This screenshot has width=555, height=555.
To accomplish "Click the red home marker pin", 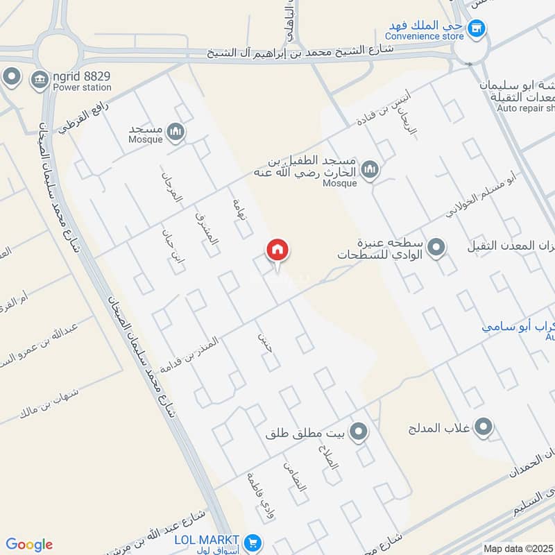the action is point(277,250).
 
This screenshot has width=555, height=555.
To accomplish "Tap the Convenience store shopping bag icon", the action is point(476,28).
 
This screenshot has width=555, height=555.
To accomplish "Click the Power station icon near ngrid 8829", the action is point(39,81).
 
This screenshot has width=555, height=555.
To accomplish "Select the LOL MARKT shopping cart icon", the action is point(253,541).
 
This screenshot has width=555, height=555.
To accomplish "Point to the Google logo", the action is point(29,545).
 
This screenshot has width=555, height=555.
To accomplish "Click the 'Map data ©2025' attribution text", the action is point(518,548).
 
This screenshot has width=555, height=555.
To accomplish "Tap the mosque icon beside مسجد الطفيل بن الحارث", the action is point(370,169).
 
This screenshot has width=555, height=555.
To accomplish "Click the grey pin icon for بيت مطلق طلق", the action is point(359,433).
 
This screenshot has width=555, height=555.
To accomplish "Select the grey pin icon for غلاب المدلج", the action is point(484,426).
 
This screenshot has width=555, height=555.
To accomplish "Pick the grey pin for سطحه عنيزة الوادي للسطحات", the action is point(436,247).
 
